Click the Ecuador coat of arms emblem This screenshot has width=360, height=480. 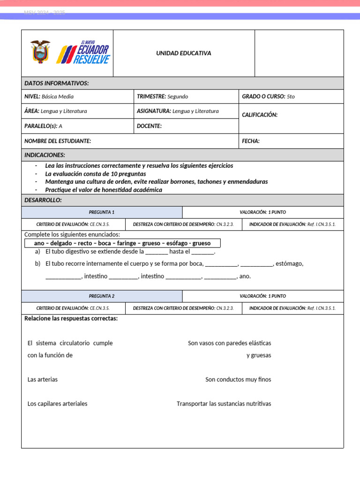[40, 52]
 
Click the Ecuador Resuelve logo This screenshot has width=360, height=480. [83, 52]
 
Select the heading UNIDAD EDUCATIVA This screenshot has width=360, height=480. [184, 53]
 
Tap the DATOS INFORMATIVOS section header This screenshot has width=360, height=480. [56, 83]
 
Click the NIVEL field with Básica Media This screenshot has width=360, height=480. [49, 97]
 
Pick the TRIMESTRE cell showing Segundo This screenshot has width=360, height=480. [162, 97]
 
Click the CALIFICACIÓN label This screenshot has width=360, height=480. [260, 115]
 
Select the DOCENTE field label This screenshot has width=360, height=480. [149, 126]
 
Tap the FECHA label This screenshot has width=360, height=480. [251, 141]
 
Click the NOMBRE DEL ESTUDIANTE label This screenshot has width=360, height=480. [58, 141]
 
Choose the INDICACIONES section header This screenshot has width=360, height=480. [45, 155]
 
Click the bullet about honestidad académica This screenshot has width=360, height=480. [104, 190]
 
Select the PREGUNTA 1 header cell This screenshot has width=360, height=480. [102, 212]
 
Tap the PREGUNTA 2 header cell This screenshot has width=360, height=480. [102, 296]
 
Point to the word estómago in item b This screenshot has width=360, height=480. [289, 263]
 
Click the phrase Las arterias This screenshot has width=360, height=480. [43, 380]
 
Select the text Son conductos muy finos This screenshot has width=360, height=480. [238, 380]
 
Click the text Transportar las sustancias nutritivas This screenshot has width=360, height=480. [224, 404]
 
